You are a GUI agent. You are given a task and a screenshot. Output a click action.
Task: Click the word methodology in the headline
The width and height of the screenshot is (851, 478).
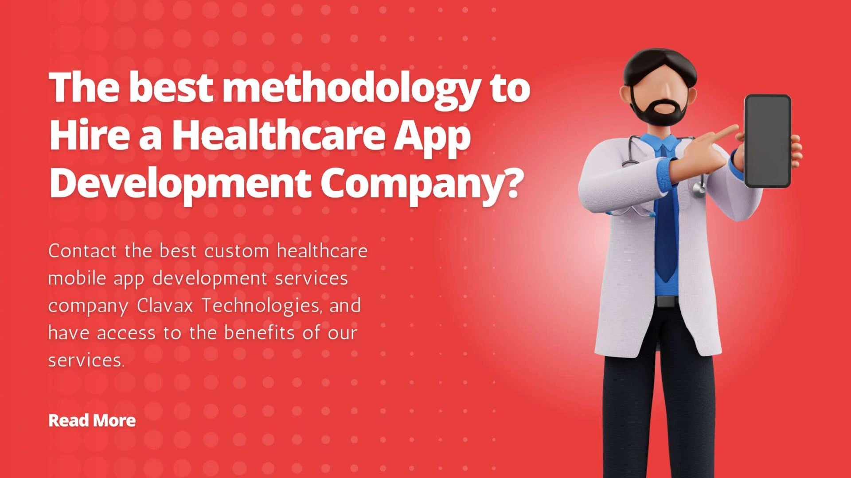click(x=350, y=89)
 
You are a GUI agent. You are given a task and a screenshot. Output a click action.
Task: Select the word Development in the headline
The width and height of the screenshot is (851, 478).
click(x=180, y=184)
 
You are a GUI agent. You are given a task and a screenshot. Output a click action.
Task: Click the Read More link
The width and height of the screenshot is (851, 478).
click(x=92, y=420)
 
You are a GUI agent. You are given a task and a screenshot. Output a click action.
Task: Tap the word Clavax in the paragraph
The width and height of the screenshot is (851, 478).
click(x=165, y=306)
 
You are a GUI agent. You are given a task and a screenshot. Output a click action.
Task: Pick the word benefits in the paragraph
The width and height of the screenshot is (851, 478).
click(x=259, y=333)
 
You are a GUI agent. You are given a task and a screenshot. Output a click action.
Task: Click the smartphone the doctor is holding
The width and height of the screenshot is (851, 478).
click(x=767, y=141)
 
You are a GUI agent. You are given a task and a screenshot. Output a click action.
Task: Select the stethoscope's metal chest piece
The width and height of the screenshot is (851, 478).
click(x=699, y=189)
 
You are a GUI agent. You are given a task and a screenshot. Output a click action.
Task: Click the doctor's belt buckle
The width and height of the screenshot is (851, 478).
click(x=666, y=302)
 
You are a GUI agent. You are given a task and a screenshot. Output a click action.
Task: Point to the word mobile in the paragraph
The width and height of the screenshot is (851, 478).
click(x=77, y=278)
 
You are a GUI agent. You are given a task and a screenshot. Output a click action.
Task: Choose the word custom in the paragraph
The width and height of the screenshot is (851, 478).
click(x=237, y=251)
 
